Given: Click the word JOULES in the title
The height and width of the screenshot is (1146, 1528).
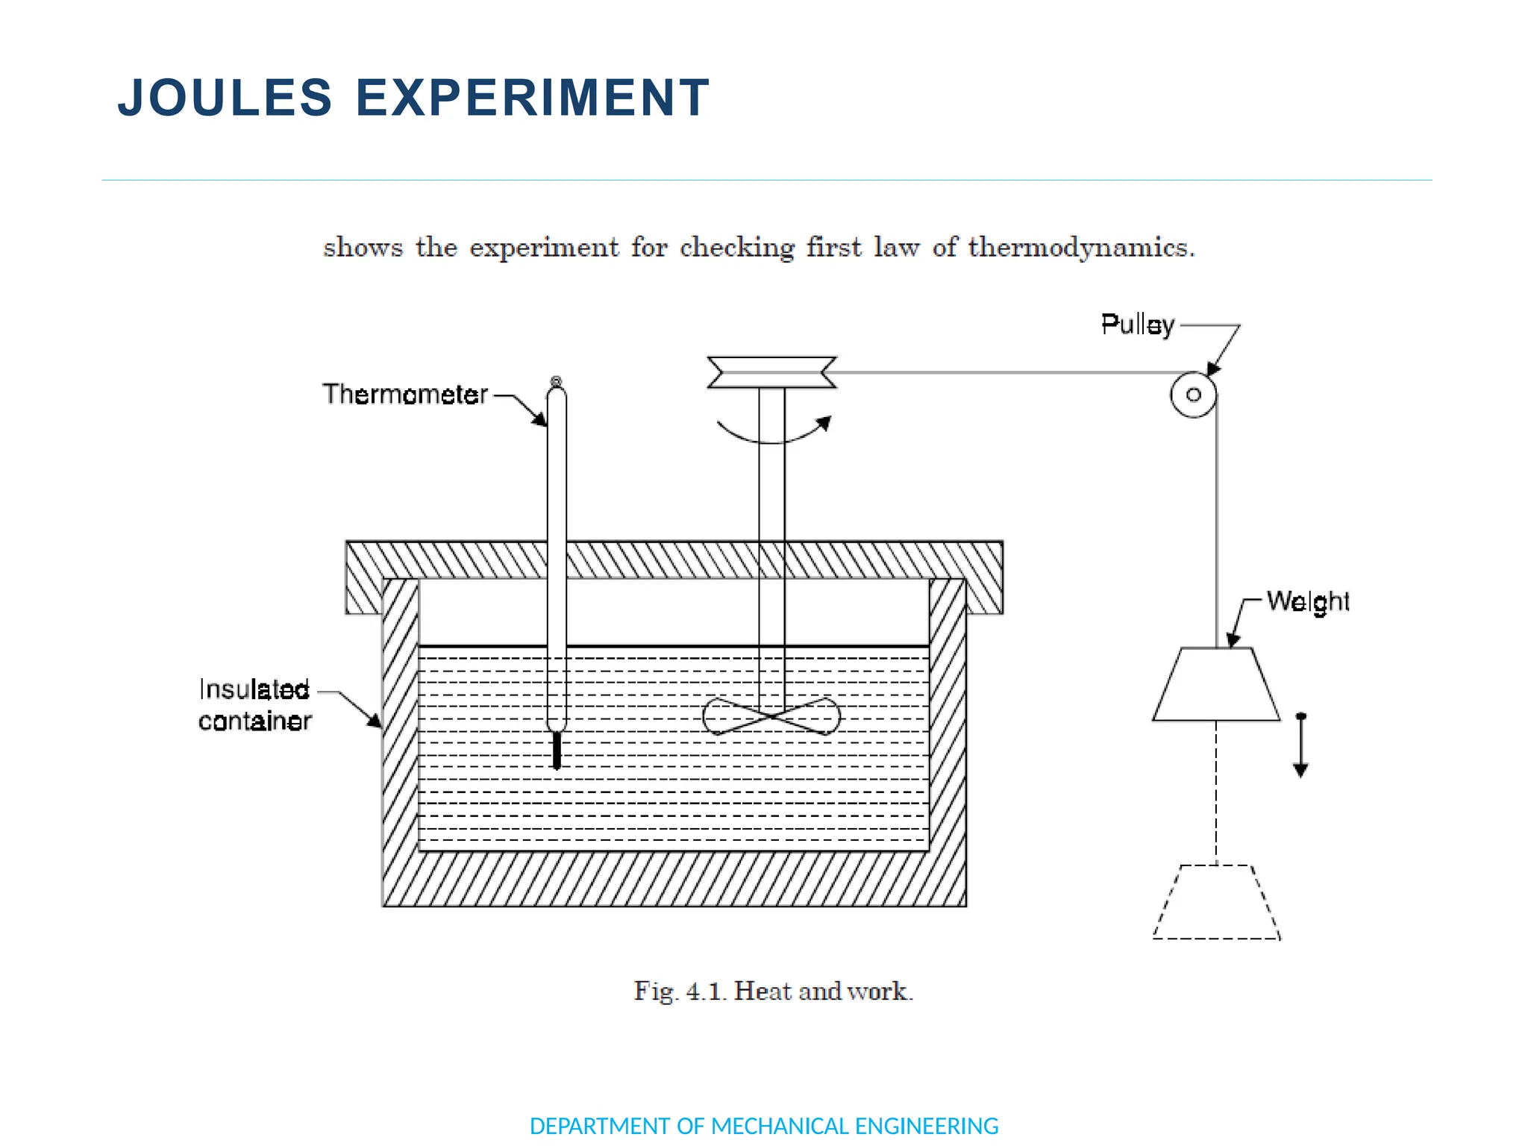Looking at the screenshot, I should (x=225, y=98).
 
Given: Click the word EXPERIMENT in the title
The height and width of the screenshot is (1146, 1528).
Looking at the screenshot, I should (x=532, y=98).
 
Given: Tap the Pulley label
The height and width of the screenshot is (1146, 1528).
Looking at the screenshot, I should (x=1137, y=325).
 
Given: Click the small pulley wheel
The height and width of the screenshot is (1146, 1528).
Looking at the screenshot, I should (x=1193, y=395).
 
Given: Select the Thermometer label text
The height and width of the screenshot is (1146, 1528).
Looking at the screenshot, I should (x=404, y=394).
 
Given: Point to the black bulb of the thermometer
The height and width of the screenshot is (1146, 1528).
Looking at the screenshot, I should (x=557, y=750).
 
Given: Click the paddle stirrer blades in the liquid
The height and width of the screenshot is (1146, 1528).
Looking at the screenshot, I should (x=771, y=716).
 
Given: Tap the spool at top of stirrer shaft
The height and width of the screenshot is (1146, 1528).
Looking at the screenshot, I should (x=771, y=372).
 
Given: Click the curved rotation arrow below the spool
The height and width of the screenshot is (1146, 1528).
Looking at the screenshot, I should (x=772, y=436).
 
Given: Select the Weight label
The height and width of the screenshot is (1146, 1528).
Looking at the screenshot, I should (x=1307, y=601).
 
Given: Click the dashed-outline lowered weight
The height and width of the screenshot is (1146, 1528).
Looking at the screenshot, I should (x=1216, y=904).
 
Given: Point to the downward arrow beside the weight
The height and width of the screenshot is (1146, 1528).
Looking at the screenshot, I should (x=1300, y=746).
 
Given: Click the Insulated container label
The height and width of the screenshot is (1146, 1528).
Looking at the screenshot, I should (x=254, y=705).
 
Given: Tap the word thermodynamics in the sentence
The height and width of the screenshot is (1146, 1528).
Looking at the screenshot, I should (x=1081, y=247).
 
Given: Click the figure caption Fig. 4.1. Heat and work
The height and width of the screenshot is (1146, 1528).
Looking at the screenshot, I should (x=773, y=991).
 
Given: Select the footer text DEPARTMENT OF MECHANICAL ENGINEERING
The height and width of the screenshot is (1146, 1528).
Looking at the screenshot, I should (x=763, y=1126).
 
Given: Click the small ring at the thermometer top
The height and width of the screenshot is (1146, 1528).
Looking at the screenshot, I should (x=556, y=381).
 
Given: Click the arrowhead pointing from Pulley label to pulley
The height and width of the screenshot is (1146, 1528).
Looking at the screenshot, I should (x=1213, y=369).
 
